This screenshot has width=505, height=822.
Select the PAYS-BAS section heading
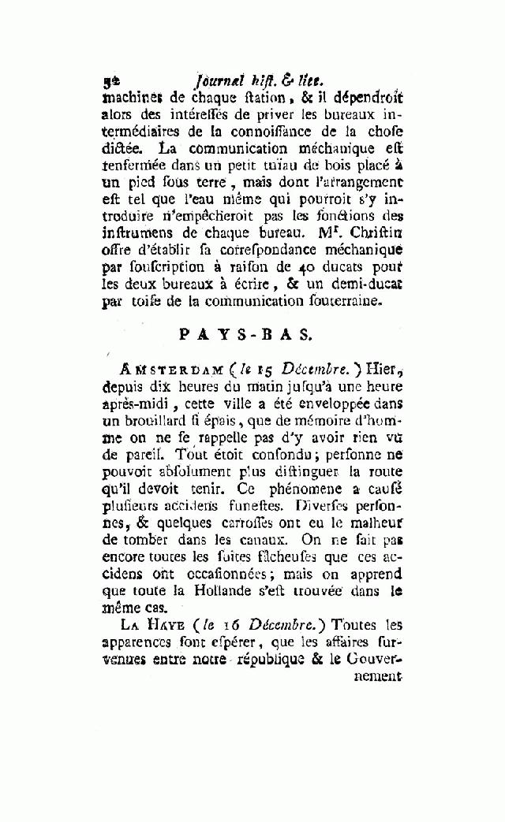246,333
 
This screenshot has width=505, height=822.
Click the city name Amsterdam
159,370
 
